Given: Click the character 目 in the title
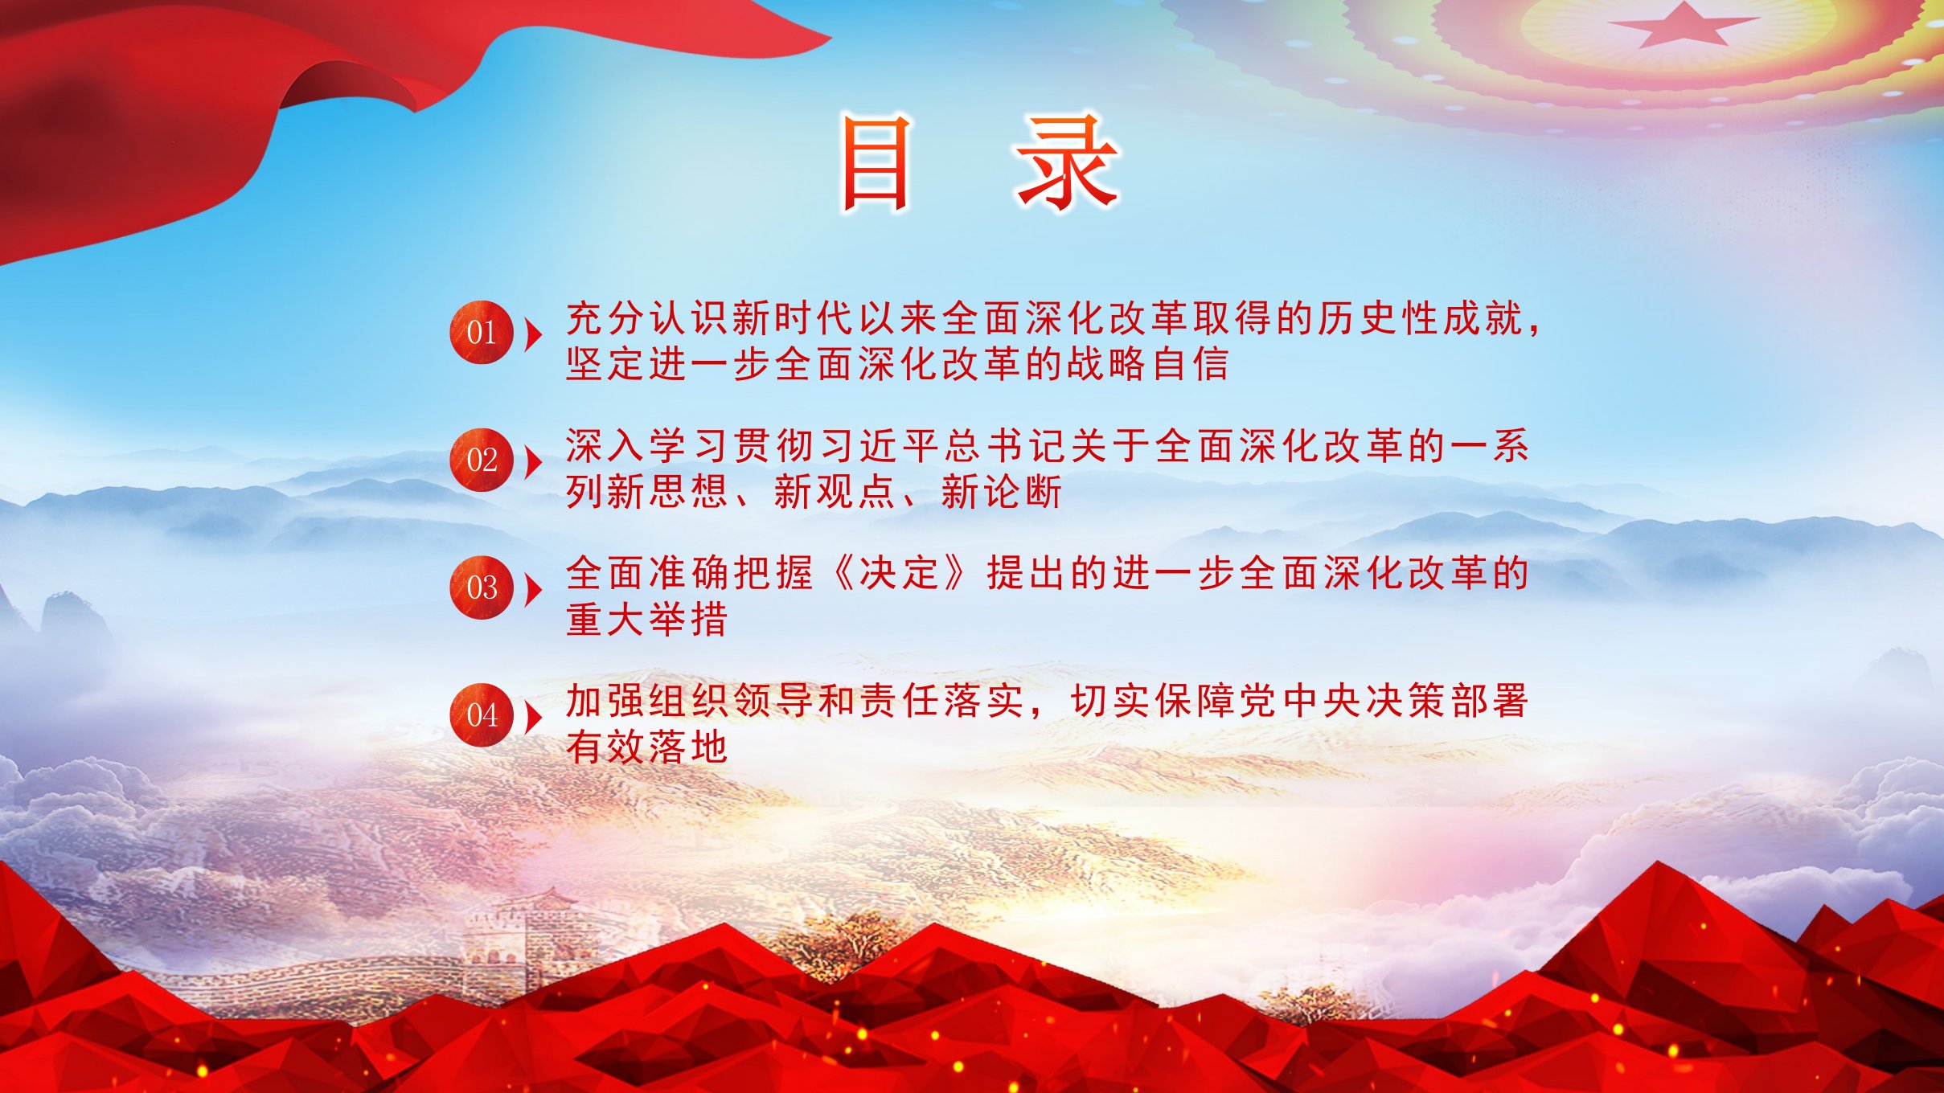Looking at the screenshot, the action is pyautogui.click(x=876, y=163).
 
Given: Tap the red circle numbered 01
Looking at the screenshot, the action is pyautogui.click(x=482, y=332).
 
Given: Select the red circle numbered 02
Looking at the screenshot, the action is pyautogui.click(x=482, y=460).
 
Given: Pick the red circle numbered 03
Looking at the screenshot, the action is pyautogui.click(x=482, y=587).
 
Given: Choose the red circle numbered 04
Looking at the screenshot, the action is pyautogui.click(x=482, y=715).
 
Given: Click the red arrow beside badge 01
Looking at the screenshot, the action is pyautogui.click(x=533, y=334).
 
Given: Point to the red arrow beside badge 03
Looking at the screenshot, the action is pyautogui.click(x=533, y=590).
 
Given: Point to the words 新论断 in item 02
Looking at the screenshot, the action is pyautogui.click(x=1002, y=492).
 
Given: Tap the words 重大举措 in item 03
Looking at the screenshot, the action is pyautogui.click(x=647, y=620).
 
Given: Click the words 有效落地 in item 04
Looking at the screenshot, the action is pyautogui.click(x=647, y=747).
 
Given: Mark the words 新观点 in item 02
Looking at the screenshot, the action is pyautogui.click(x=835, y=492).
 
